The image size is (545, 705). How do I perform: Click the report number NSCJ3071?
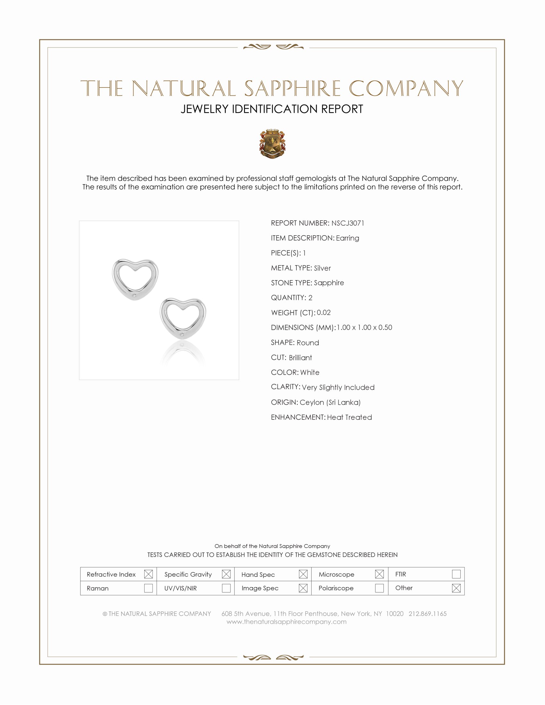[x=348, y=223]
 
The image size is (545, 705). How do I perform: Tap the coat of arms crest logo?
[x=272, y=144]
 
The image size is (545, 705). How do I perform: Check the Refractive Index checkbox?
[x=148, y=574]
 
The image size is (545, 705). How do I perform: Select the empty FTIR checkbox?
[x=456, y=574]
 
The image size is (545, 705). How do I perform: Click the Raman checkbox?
[x=148, y=588]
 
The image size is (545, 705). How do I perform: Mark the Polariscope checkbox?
[x=379, y=588]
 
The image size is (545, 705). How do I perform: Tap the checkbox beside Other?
[x=456, y=588]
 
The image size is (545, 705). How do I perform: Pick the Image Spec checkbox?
[x=303, y=588]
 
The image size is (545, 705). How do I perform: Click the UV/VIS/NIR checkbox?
[x=226, y=588]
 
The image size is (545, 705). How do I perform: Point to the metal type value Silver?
[x=322, y=268]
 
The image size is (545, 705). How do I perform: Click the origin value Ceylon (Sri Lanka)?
[x=330, y=402]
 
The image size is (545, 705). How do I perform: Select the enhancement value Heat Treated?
[x=349, y=417]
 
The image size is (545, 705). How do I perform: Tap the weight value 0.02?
[x=323, y=312]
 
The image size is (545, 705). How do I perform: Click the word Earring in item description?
[x=348, y=238]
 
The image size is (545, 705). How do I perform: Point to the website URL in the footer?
[x=286, y=622]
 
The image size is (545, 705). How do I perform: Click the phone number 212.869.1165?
[x=427, y=614]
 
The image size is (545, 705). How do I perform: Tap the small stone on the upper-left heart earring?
[x=134, y=295]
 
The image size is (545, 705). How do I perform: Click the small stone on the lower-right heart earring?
[x=182, y=334]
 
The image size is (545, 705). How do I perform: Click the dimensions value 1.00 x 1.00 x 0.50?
[x=364, y=327]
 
